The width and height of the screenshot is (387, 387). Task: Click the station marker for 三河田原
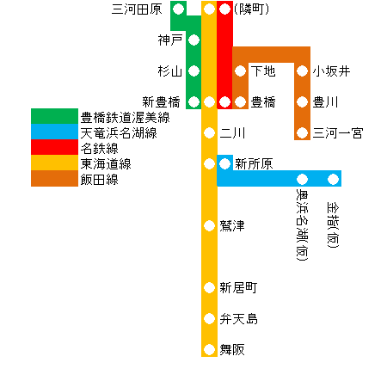[x=178, y=9]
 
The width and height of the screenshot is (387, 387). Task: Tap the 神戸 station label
[x=170, y=40]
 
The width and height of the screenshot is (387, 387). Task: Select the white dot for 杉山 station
[x=193, y=71]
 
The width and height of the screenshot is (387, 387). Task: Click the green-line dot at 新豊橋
[x=193, y=101]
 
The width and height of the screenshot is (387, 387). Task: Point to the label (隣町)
[x=251, y=9]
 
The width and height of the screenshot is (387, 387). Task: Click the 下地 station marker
[x=240, y=71]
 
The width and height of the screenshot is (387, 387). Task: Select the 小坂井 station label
[x=331, y=71]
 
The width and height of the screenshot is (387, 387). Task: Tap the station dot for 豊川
[x=302, y=101]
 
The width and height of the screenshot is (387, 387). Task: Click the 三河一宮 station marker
[x=302, y=132]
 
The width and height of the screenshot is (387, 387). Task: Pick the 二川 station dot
[x=209, y=132]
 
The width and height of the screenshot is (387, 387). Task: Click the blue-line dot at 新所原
[x=224, y=163]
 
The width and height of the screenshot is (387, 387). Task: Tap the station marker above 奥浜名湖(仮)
[x=302, y=179]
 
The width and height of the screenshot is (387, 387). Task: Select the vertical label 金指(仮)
[x=333, y=224]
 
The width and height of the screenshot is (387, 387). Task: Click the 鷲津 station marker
[x=209, y=225]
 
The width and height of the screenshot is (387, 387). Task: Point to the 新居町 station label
[x=238, y=287]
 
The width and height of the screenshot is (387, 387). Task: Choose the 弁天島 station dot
[x=209, y=318]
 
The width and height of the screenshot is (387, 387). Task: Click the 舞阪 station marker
[x=209, y=349]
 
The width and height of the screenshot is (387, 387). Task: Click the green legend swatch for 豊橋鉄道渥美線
[x=54, y=116]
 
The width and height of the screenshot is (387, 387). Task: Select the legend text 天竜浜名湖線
[x=119, y=133]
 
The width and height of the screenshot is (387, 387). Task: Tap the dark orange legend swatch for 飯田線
[x=54, y=178]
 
